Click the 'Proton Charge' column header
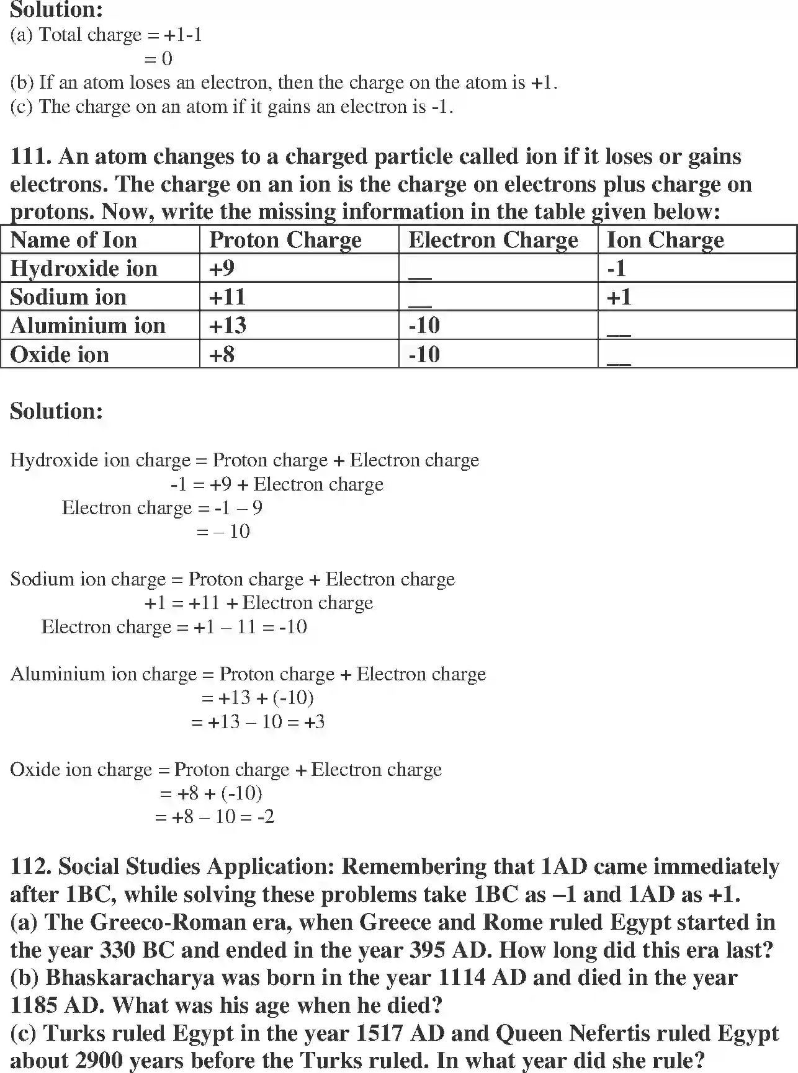click(285, 240)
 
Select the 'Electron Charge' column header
click(493, 240)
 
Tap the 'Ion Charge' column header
click(665, 240)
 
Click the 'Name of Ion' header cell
click(73, 240)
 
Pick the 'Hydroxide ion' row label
click(84, 269)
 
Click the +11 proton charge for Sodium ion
click(227, 297)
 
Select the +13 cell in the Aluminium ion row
click(228, 326)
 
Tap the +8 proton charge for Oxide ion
click(222, 355)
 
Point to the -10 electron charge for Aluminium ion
click(424, 326)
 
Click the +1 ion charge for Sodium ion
click(619, 297)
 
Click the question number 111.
click(30, 156)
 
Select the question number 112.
click(30, 866)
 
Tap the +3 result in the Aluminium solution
click(315, 722)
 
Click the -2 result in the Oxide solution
click(265, 817)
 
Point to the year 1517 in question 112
click(379, 1033)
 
